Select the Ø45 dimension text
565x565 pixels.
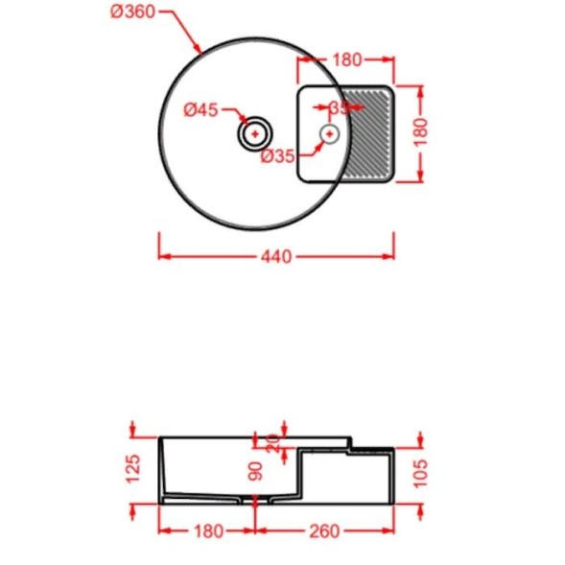tap(201, 109)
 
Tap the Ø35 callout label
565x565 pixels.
tap(278, 157)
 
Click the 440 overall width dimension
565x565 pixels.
tap(275, 256)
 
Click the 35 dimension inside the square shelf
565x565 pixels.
tap(340, 107)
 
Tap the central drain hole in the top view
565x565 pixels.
tap(255, 133)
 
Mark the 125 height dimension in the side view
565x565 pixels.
tap(134, 466)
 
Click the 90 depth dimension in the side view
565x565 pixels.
tap(255, 472)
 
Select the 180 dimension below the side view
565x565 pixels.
tap(206, 530)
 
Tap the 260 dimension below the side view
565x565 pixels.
tap(324, 530)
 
